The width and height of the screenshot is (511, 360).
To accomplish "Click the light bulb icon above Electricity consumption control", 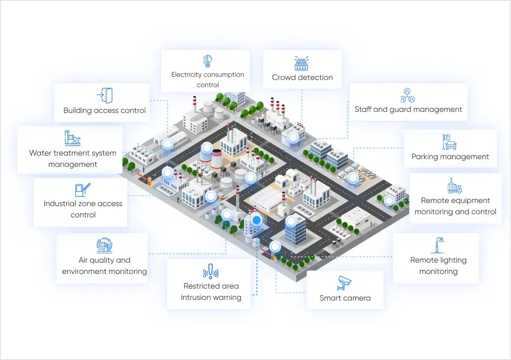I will tap(208, 61).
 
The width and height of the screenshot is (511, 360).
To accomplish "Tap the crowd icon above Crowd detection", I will tap(302, 63).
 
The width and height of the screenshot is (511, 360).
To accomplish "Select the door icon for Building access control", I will tap(105, 95).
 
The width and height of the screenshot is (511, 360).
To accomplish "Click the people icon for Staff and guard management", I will tap(408, 95).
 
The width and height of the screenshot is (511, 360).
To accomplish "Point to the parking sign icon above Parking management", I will tap(449, 142).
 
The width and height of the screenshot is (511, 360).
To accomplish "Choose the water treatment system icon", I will tap(72, 138).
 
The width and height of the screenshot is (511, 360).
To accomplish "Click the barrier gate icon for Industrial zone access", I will tap(83, 189).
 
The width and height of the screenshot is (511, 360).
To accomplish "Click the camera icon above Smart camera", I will tap(345, 283).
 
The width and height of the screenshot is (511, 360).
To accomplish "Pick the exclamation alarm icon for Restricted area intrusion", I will tap(211, 271).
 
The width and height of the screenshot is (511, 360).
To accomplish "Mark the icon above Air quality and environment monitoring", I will tap(104, 245).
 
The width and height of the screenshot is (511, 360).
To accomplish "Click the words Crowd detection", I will tap(302, 78).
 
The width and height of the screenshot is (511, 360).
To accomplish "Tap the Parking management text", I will tap(450, 157).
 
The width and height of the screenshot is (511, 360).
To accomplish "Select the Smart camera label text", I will tap(345, 298).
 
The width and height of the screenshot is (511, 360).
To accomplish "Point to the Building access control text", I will tap(105, 111).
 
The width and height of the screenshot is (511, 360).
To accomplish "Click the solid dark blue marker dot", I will tap(256, 219).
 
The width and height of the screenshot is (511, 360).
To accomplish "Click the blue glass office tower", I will tap(295, 229).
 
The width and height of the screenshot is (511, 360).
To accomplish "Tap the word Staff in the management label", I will tap(363, 110).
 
